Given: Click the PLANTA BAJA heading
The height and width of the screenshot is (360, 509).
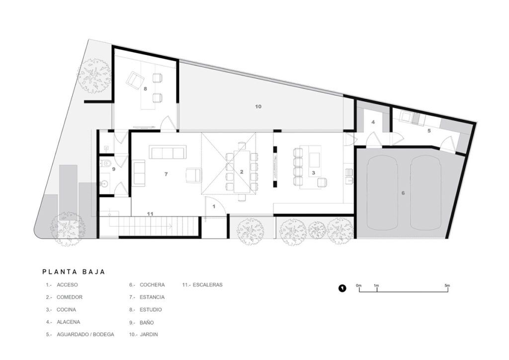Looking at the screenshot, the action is point(74,271).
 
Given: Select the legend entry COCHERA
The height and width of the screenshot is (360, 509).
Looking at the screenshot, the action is point(152,285).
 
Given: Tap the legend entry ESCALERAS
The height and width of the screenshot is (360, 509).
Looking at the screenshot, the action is point(207,285).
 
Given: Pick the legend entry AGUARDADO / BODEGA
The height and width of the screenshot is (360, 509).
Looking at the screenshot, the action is point(85,334).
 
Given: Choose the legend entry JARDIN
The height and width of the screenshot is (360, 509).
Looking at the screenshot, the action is point(149,334).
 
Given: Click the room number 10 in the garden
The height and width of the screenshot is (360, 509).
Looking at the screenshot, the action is point(258,106).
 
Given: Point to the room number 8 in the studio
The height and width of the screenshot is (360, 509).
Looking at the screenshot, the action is point(146,89).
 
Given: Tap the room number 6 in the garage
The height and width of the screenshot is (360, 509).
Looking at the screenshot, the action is point(403,193).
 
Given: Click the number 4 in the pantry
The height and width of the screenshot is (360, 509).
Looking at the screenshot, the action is point(373,122).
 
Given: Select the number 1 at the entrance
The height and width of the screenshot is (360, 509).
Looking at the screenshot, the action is point(214,206).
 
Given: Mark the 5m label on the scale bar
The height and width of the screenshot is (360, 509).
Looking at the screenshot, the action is point(447,285).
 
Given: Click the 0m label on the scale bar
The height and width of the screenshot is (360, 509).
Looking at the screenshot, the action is point(358,285).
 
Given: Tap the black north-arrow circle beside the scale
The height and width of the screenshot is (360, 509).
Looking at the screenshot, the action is point(342,288).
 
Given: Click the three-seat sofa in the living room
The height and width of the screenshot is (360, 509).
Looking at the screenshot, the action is point(168,152).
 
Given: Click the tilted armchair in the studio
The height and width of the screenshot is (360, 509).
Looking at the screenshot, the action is point(135,80).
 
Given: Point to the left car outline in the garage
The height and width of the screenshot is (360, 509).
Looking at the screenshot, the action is point(382,193).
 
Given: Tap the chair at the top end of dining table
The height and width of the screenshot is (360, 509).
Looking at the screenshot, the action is point(242,146).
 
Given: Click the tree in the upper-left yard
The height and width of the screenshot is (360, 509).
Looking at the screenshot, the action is point(94,75).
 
